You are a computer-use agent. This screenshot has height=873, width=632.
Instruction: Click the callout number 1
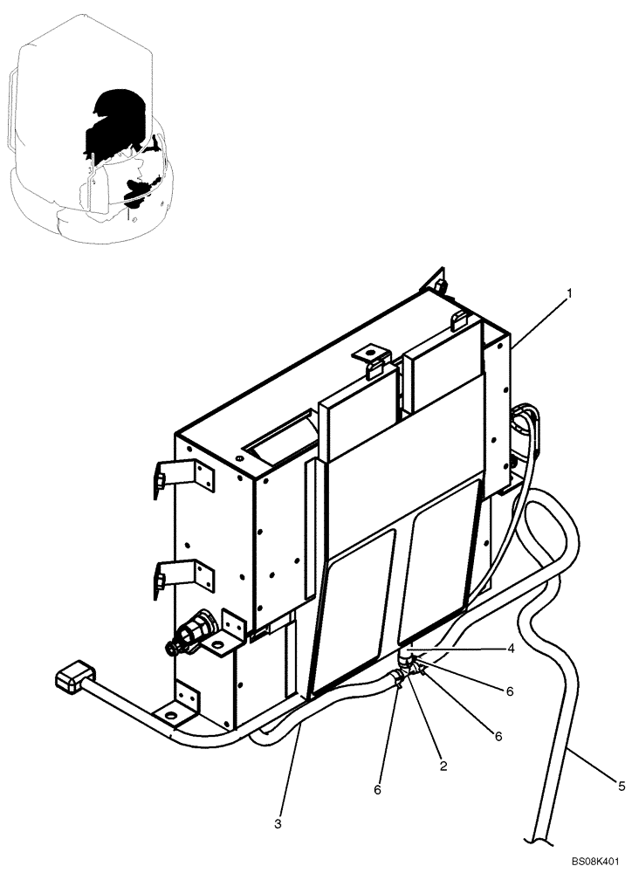tap(569, 295)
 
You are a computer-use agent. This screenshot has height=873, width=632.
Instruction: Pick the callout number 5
tap(622, 787)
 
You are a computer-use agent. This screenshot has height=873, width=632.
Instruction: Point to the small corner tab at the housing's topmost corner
tap(435, 284)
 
